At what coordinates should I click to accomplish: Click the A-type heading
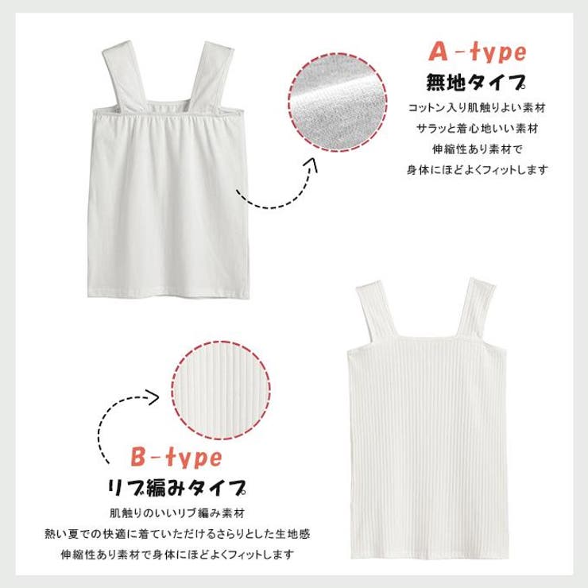pos(478,52)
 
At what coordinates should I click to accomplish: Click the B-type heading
pos(176,458)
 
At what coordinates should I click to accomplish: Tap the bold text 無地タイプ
pos(476,83)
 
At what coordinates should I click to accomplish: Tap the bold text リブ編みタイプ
pos(176,488)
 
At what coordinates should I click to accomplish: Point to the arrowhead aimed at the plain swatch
pos(312,165)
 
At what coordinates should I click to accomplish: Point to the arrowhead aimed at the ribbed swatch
pos(153,397)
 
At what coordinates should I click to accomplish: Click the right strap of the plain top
pos(211,75)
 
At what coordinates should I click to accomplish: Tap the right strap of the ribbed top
pos(475,311)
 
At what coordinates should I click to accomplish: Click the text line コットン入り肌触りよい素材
pos(476,108)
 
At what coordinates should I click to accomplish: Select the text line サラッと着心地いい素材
pos(477,129)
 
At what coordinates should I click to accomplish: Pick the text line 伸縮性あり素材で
pos(477,149)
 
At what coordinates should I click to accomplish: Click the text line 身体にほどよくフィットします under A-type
pos(477,170)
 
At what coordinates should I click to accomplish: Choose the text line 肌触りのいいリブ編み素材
pos(177,513)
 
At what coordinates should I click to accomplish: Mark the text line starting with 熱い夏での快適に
pos(177,534)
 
